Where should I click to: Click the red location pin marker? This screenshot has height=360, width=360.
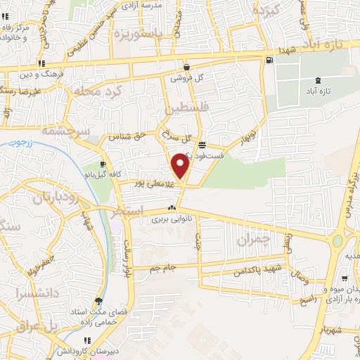pos(181,165)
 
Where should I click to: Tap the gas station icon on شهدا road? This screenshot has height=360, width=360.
pos(269,60)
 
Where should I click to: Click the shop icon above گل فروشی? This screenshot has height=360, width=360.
pos(186,67)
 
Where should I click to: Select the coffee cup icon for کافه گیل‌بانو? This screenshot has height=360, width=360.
pos(103,164)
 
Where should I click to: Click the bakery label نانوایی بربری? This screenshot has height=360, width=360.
pos(172,219)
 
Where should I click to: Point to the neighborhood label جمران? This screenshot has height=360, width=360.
pos(253,240)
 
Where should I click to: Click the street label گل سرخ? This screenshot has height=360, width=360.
pos(176,136)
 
